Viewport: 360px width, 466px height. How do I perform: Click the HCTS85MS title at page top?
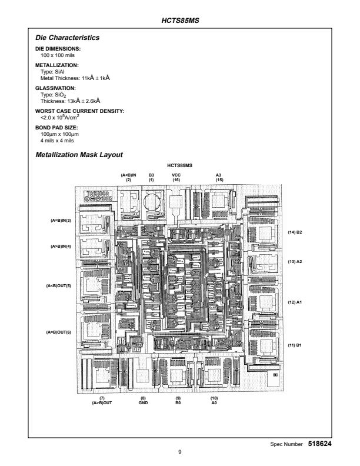tap(180, 21)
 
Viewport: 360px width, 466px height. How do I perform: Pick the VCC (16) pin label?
tap(176, 177)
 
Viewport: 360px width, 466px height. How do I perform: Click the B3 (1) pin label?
tap(151, 177)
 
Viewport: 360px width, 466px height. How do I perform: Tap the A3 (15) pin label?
tap(218, 177)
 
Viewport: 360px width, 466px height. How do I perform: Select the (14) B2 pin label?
tap(295, 232)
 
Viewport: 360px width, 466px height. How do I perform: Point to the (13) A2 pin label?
tap(295, 261)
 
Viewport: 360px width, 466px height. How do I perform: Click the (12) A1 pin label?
tap(295, 302)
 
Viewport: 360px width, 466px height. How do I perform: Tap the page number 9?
tap(180, 452)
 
